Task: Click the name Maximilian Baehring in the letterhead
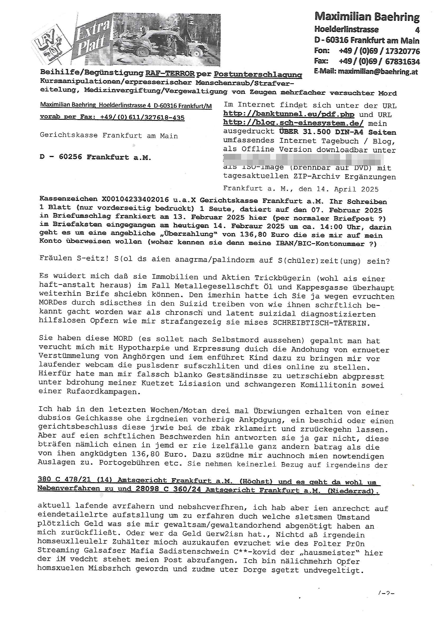click(367, 17)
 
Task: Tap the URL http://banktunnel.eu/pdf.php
click(289, 114)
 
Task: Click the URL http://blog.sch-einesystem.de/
click(293, 123)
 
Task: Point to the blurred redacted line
click(303, 159)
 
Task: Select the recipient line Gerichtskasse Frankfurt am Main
click(109, 136)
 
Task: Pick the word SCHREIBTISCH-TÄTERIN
click(321, 323)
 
